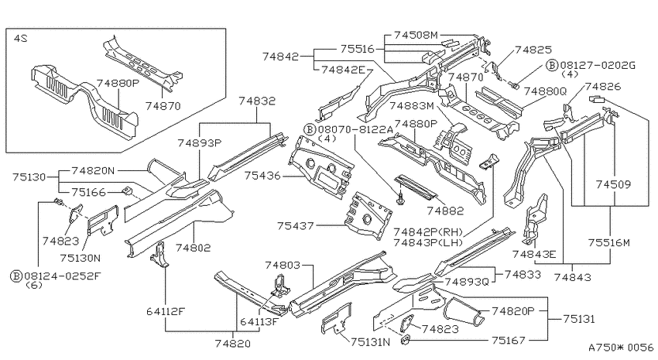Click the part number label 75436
click(x=262, y=176)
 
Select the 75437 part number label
click(x=296, y=226)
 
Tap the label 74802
click(x=193, y=248)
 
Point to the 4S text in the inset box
click(x=21, y=38)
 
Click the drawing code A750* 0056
click(x=621, y=348)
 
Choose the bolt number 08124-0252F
click(x=63, y=276)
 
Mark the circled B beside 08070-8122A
click(x=310, y=129)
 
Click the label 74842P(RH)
click(x=428, y=232)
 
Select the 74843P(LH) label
click(x=428, y=242)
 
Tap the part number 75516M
click(x=609, y=242)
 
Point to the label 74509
click(x=613, y=184)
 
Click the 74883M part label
click(x=412, y=106)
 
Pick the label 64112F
click(x=166, y=311)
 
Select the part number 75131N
click(x=371, y=342)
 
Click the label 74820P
click(x=513, y=311)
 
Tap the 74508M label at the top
click(x=416, y=36)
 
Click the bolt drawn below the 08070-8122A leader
click(x=400, y=198)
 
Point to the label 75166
click(x=88, y=192)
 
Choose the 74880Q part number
click(x=545, y=91)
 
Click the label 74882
click(x=445, y=211)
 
